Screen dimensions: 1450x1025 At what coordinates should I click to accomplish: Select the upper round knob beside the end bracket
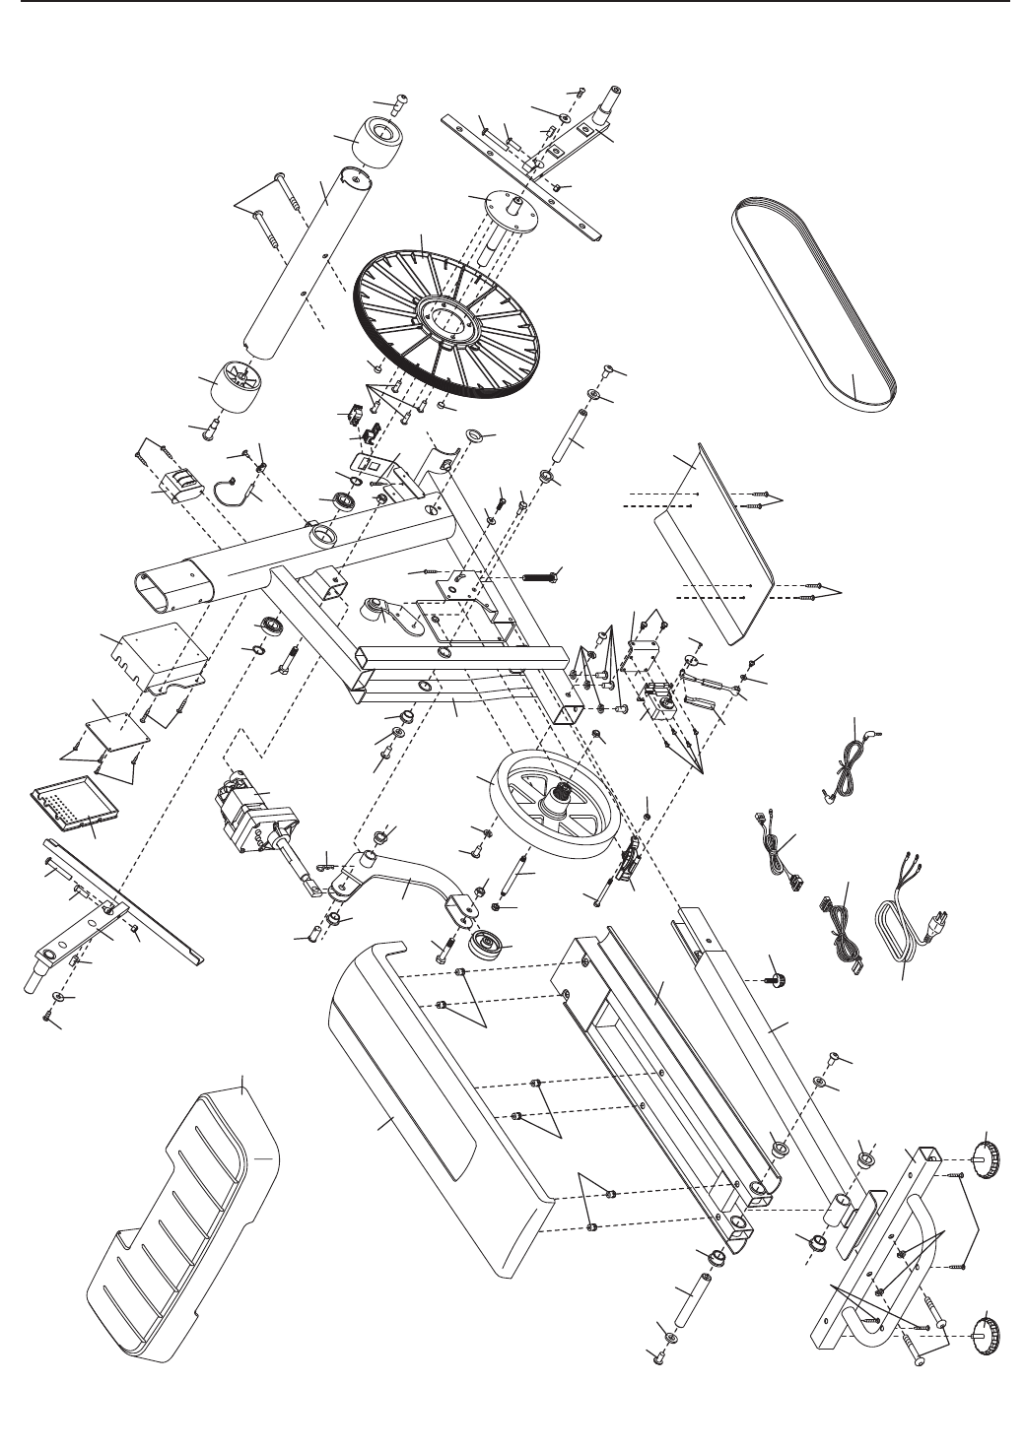986,1155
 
